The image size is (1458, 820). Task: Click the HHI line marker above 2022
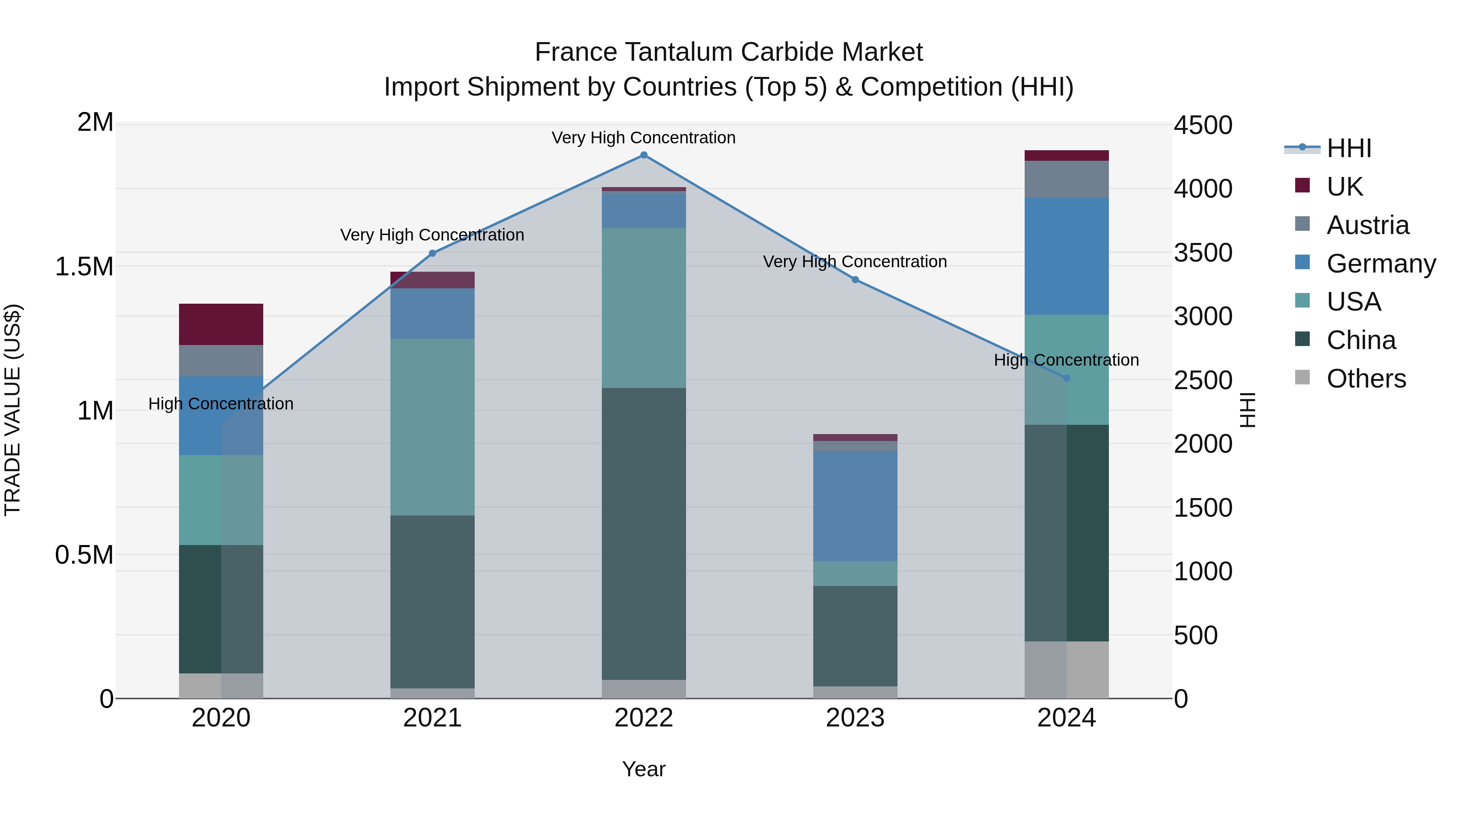(x=644, y=155)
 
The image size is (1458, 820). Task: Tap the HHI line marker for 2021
(x=433, y=253)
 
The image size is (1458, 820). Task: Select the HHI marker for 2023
(x=855, y=279)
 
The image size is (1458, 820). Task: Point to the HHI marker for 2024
(x=1066, y=378)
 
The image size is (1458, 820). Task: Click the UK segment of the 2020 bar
(x=221, y=324)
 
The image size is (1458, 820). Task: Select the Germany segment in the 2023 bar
(x=855, y=505)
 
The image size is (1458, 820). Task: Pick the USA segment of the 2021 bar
(x=433, y=427)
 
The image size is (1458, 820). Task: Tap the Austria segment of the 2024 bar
(x=1066, y=179)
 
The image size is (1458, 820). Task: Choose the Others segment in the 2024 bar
(x=1066, y=669)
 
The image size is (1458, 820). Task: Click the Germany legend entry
(x=1381, y=264)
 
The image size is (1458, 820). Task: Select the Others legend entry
(x=1366, y=379)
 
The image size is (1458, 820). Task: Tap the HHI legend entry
(x=1348, y=148)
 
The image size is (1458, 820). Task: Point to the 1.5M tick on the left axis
(x=84, y=266)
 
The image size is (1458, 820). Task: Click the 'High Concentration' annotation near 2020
(x=221, y=403)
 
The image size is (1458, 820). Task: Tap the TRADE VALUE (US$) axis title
(x=13, y=410)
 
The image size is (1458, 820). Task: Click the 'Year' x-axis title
(x=644, y=769)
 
